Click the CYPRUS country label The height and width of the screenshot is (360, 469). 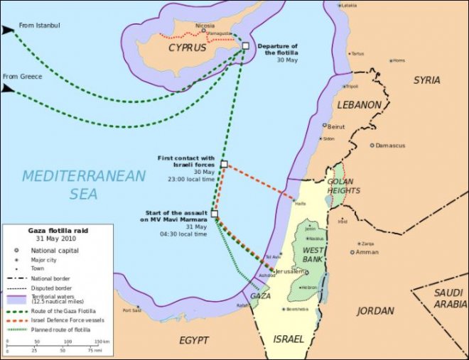[188, 48]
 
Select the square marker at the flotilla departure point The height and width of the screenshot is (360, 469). [245, 45]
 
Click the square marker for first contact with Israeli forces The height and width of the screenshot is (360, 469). [224, 164]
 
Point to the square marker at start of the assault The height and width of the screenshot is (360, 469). [215, 213]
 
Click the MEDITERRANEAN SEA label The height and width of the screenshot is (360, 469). [83, 184]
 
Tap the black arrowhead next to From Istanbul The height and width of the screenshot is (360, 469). [8, 31]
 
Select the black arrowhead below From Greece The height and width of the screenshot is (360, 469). [8, 88]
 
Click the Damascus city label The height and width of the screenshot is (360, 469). [391, 146]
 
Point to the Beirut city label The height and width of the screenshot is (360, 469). [336, 126]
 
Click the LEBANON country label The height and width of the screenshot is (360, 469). [359, 105]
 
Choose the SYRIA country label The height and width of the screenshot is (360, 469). [426, 80]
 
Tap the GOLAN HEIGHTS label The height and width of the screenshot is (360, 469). [344, 185]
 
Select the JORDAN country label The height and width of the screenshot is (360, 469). [375, 311]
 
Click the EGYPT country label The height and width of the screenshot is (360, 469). [195, 339]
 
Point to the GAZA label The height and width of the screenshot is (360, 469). [260, 295]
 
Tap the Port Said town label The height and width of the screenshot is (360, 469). [132, 310]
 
